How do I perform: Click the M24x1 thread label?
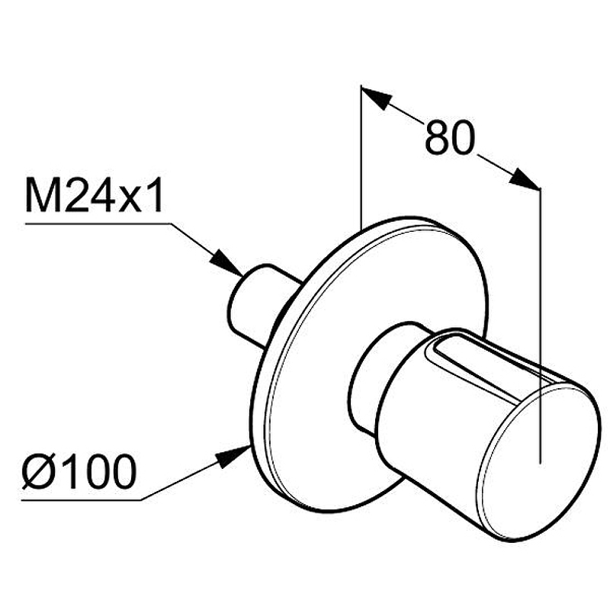click(94, 195)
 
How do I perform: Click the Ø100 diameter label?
click(79, 471)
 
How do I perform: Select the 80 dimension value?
click(450, 137)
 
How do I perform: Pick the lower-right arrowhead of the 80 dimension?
click(525, 179)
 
